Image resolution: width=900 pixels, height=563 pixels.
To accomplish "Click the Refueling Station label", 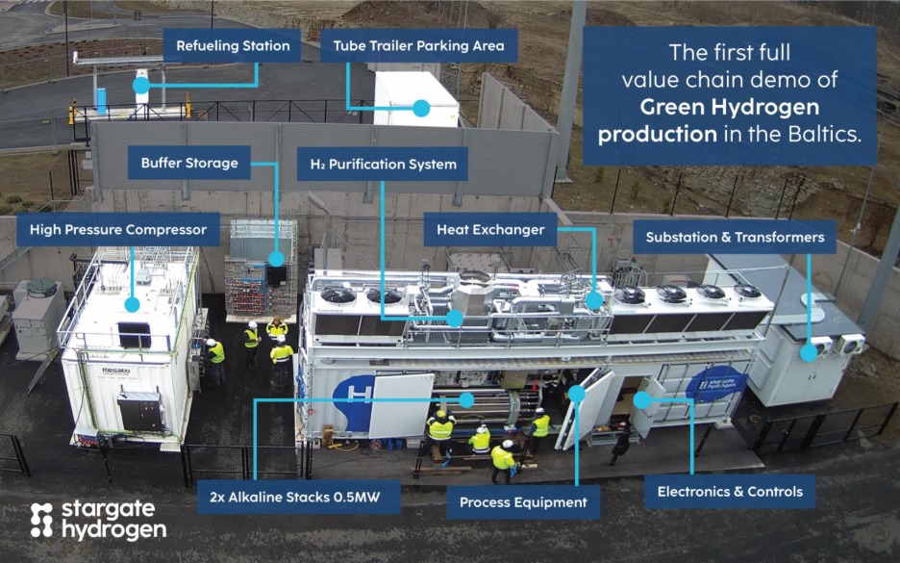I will (x=234, y=45).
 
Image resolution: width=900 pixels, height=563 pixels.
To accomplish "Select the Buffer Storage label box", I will (x=189, y=163).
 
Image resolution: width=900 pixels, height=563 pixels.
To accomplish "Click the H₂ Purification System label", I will (x=383, y=164).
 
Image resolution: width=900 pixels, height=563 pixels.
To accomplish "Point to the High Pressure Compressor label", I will (x=118, y=230).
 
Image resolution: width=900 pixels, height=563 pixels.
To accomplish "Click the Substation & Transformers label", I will (x=735, y=237).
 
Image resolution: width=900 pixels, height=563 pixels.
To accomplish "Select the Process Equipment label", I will (x=523, y=502).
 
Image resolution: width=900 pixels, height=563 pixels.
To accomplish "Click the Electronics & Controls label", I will (x=730, y=492).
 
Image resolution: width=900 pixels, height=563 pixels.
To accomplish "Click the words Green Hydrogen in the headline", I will (x=731, y=106).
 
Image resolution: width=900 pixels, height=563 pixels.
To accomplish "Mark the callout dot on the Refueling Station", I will (x=141, y=86).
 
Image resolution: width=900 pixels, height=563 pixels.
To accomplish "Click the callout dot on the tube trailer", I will (x=421, y=109).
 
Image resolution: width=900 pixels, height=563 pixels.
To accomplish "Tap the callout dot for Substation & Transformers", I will (x=809, y=352).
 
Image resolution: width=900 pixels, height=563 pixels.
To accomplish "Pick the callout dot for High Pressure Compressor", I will (x=133, y=304).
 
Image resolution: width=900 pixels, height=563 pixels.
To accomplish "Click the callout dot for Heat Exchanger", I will (x=594, y=300).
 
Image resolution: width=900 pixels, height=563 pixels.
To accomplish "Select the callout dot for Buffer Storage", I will (x=277, y=258).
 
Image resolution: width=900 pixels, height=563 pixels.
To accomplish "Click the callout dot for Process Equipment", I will (x=576, y=393).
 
